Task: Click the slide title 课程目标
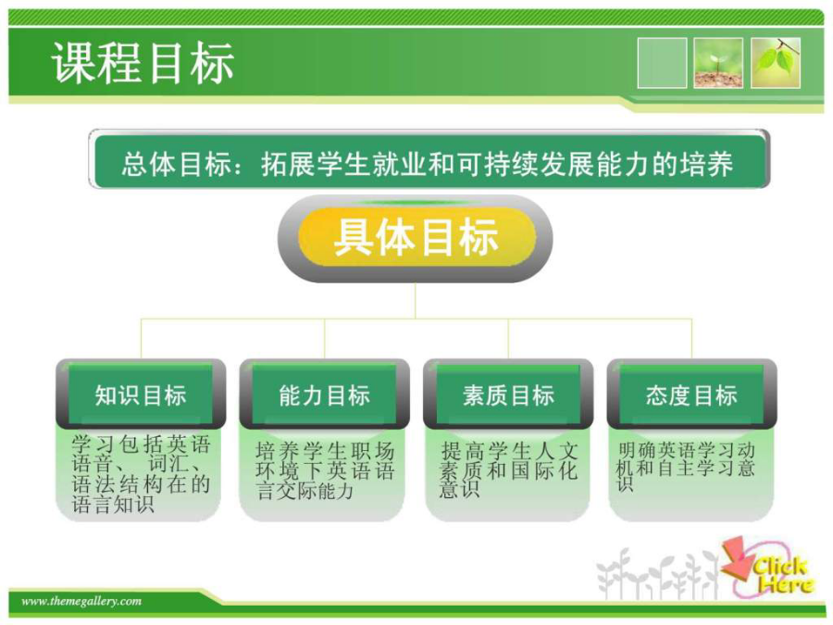tap(143, 63)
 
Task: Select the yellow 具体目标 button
tap(416, 238)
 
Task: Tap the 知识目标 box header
tap(141, 394)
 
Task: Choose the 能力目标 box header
tap(325, 394)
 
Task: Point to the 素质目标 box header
tap(508, 394)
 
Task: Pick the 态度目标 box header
tap(691, 394)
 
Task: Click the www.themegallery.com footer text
tap(81, 601)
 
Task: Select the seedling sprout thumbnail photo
tap(718, 63)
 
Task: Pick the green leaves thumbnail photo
tap(775, 63)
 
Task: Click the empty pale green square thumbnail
tap(662, 63)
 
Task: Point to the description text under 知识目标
tap(141, 474)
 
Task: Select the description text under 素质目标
tap(508, 469)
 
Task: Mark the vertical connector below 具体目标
tap(416, 300)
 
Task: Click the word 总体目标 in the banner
tap(177, 164)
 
